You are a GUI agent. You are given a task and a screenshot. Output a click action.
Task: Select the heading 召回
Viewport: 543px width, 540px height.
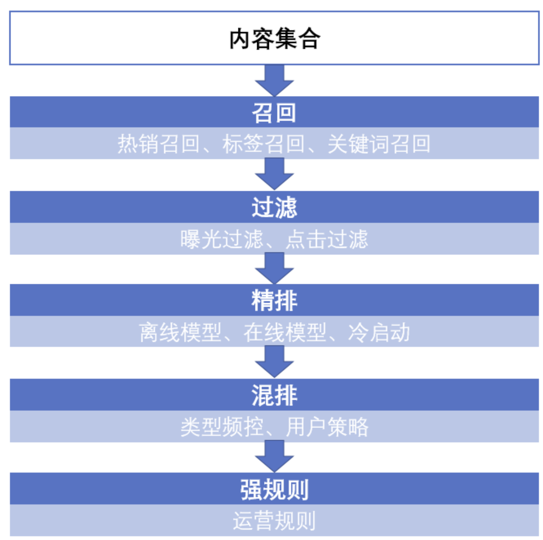coord(274,113)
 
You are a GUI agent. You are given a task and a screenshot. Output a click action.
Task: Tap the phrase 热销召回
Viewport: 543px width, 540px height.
coord(158,144)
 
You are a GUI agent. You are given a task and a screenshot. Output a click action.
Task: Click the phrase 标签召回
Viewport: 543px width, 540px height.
coord(263,144)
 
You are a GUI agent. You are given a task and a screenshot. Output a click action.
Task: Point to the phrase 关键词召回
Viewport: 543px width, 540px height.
coord(379,144)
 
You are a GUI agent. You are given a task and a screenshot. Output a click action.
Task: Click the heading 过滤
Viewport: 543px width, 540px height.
coord(274,207)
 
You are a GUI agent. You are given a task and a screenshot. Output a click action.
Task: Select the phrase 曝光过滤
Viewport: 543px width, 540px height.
coord(221,239)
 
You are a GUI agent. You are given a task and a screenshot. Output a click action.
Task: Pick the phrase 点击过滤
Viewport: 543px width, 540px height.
coord(327,239)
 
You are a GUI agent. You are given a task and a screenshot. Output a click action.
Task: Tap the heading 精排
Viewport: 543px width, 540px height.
coord(274,300)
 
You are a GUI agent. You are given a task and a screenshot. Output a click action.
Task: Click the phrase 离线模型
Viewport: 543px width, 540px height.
coord(180,332)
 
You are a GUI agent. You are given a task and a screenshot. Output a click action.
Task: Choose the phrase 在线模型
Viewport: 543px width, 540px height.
coord(285,332)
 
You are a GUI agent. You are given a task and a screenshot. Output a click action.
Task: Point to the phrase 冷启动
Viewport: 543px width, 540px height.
coord(379,332)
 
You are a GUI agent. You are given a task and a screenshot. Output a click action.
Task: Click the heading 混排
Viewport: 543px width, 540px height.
coord(274,395)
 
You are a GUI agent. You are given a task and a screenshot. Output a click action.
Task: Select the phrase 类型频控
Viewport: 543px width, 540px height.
coord(221,427)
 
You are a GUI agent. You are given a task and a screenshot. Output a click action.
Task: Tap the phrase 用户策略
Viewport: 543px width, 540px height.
coord(327,427)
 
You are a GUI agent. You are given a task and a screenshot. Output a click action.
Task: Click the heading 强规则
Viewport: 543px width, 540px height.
coord(274,489)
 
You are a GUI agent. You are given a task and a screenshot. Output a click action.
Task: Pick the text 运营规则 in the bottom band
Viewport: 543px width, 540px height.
coord(274,520)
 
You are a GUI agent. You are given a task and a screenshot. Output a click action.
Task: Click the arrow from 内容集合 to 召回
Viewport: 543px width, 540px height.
coord(274,80)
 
